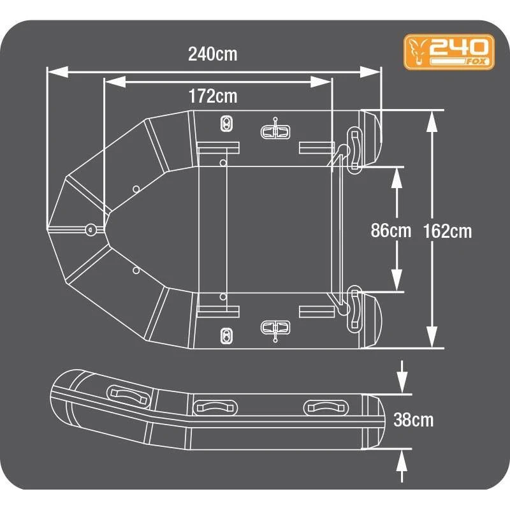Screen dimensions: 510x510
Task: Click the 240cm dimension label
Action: [212, 54]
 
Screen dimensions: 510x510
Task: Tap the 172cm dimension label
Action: [212, 96]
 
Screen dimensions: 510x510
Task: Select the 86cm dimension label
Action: [391, 230]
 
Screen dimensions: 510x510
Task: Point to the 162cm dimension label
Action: [447, 231]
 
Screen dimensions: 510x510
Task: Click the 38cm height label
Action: [413, 420]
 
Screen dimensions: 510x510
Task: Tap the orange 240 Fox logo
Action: [449, 52]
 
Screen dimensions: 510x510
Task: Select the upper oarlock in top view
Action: [275, 131]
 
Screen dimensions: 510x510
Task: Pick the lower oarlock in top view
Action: [275, 328]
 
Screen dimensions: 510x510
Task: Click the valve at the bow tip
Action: [91, 228]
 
